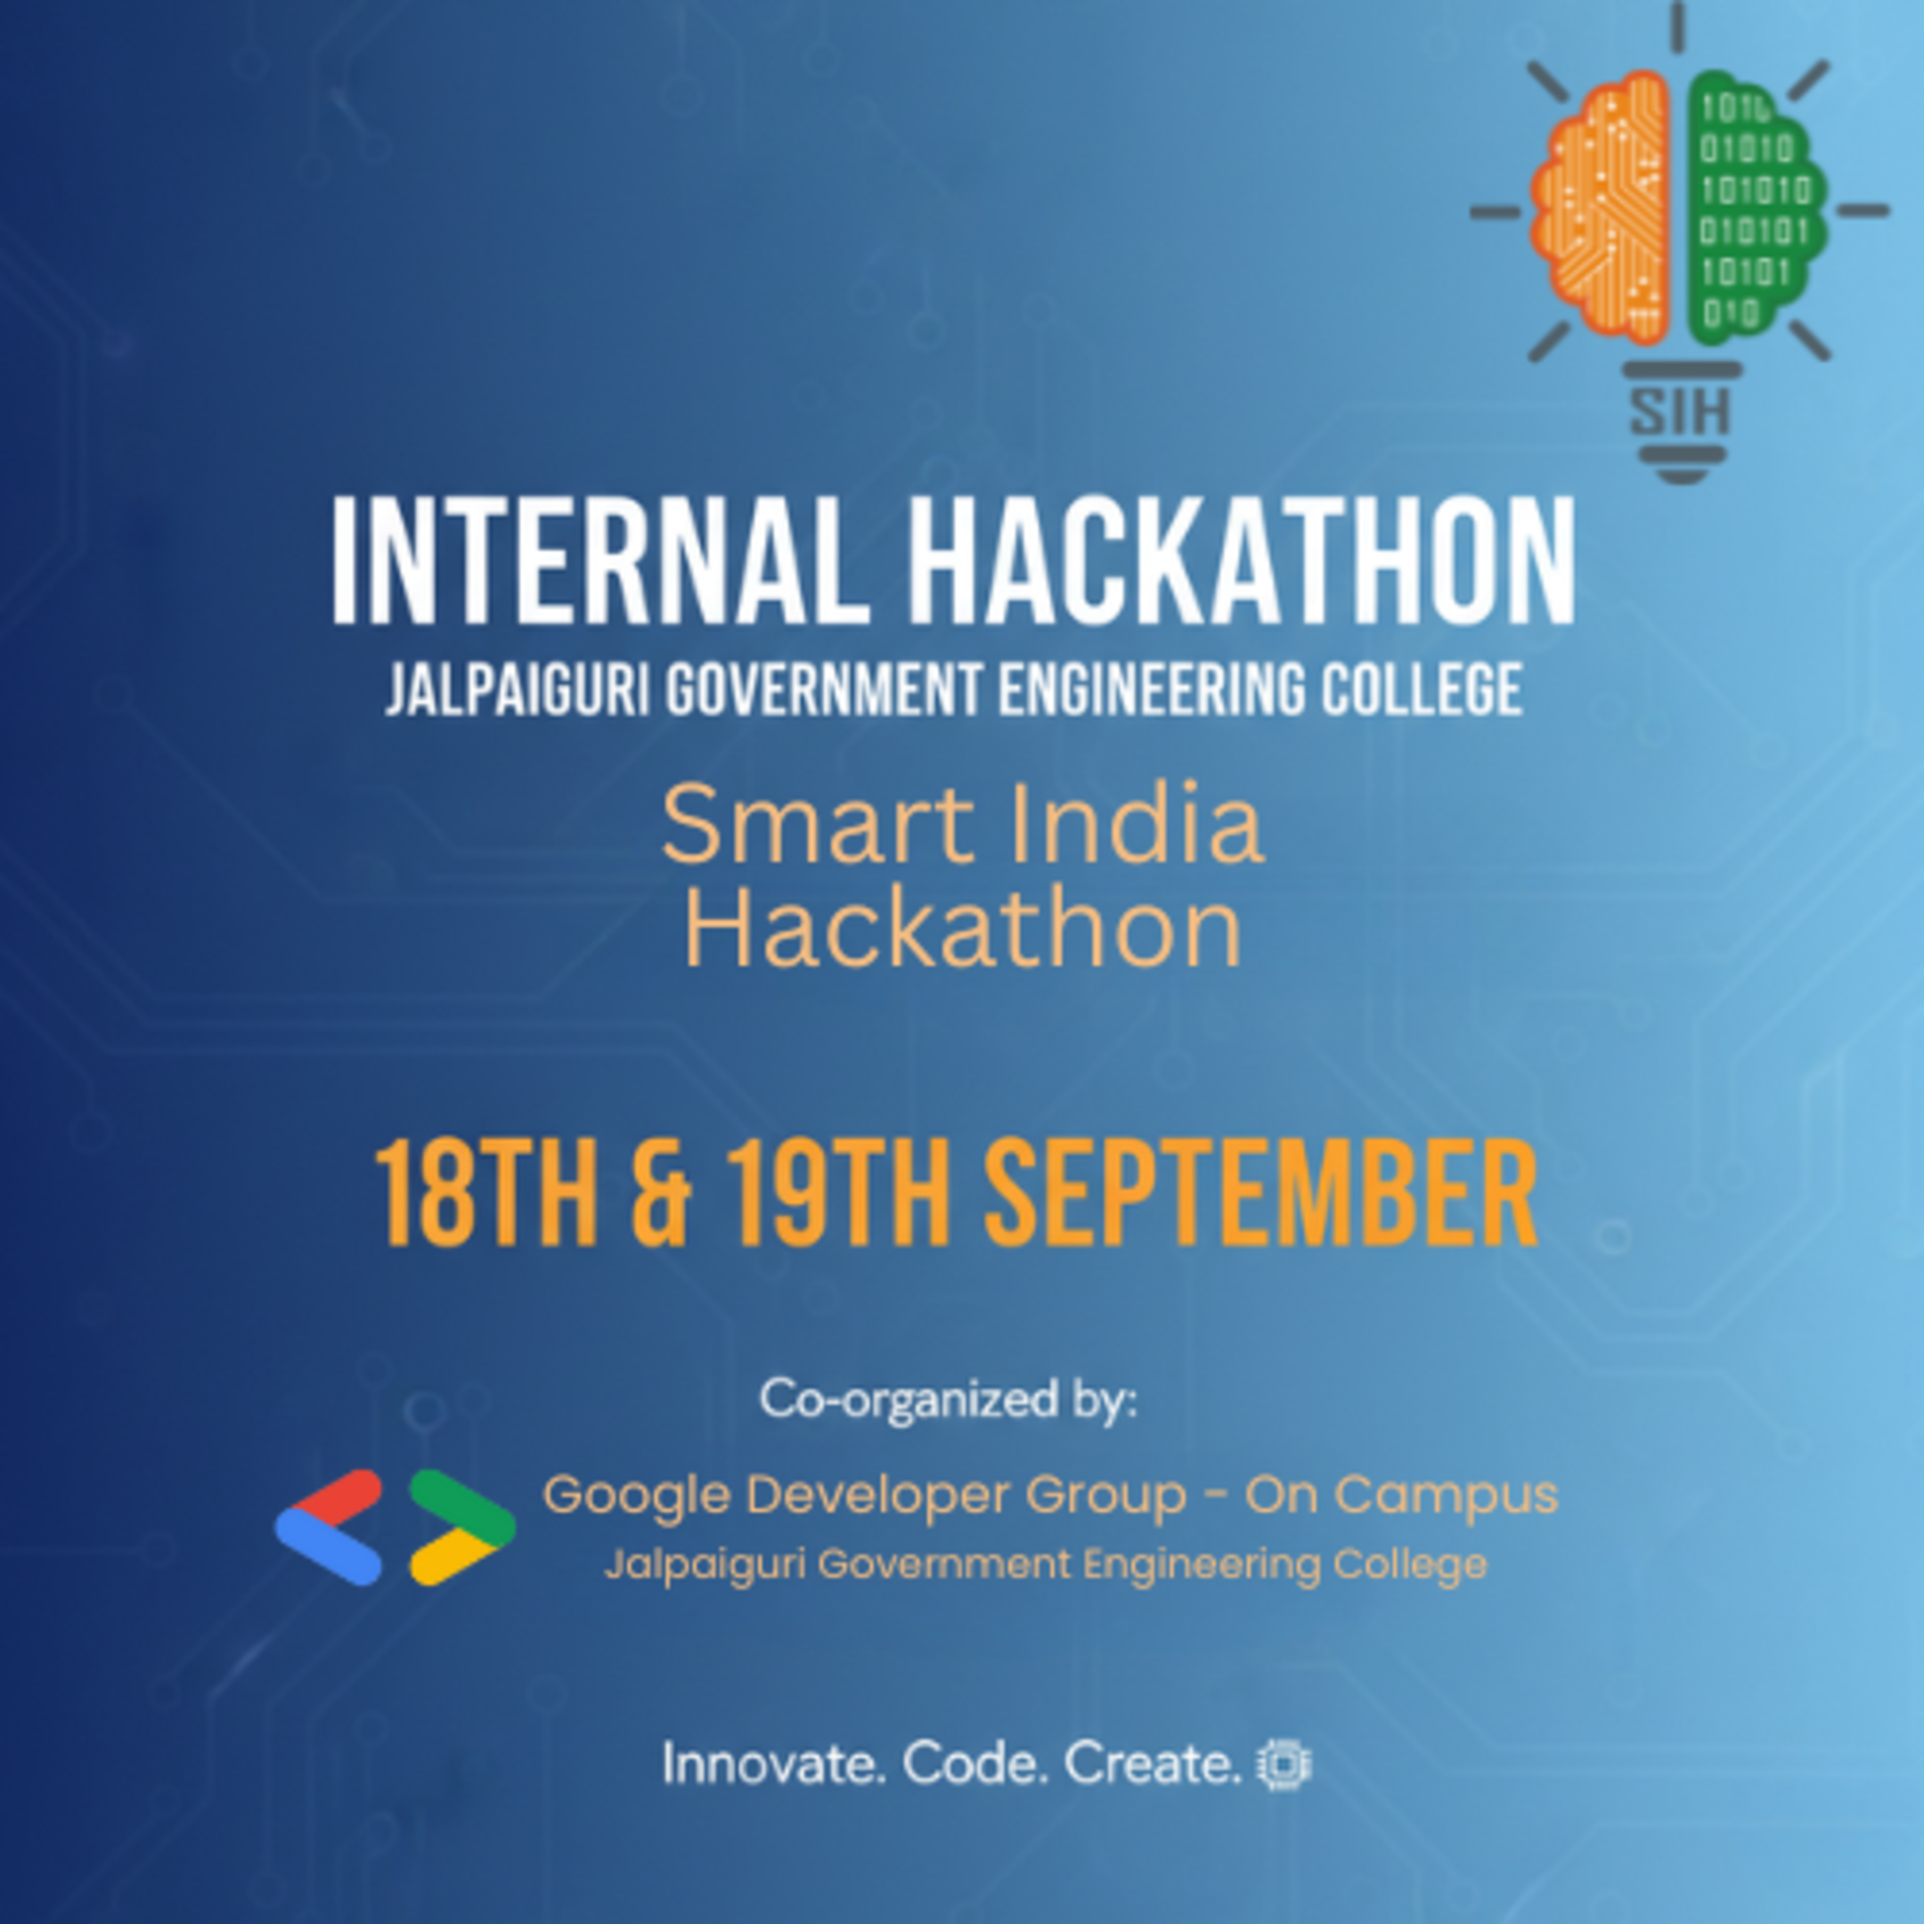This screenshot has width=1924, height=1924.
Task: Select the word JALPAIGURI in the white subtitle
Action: point(517,689)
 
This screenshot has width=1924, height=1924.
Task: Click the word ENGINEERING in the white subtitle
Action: point(1150,689)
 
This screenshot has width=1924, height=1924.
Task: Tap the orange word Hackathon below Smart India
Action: point(962,929)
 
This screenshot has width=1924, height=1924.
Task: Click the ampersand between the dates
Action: point(660,1196)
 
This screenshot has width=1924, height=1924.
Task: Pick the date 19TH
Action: point(836,1196)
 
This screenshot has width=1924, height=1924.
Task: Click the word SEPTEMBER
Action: point(1260,1196)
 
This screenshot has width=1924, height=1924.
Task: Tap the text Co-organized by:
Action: point(948,1399)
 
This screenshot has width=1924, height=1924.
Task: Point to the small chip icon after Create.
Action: point(1284,1765)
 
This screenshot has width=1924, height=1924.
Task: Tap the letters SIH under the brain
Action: point(1680,411)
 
